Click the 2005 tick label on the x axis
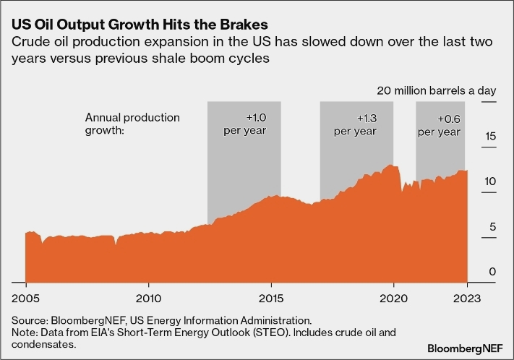(x=25, y=298)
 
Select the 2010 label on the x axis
(x=148, y=298)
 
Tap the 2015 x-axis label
(x=271, y=298)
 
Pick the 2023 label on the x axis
(x=467, y=298)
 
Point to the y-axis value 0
(x=492, y=272)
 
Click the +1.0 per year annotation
(x=247, y=124)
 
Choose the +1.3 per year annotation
(x=356, y=124)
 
